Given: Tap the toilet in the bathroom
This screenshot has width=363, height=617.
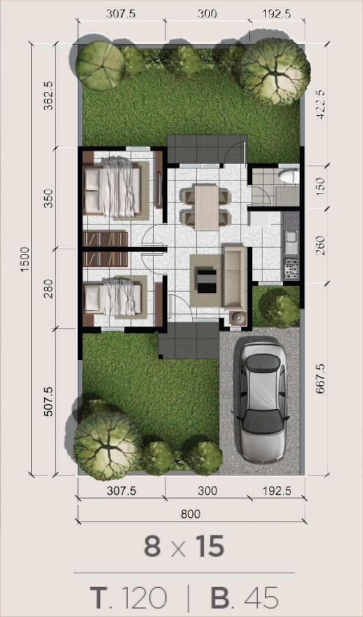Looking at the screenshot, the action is (288, 177).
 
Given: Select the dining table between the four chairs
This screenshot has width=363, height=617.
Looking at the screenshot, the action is (207, 208).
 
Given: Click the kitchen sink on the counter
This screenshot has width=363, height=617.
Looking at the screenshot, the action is (291, 242).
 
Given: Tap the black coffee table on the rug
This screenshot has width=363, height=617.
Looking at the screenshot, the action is (207, 281).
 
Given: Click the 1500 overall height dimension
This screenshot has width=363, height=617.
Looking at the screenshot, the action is (25, 259).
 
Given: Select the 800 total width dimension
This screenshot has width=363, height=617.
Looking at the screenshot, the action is (190, 514).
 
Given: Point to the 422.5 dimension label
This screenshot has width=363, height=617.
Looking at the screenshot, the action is (320, 104).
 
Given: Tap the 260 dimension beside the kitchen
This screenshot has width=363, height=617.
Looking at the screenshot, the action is (321, 246).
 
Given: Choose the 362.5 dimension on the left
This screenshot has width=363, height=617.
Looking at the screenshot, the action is (49, 95).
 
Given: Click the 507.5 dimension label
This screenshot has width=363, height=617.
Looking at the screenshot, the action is (49, 401).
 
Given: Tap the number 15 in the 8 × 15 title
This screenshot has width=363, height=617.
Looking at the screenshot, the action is (210, 546).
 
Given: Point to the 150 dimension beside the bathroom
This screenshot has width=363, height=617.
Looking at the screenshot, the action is (321, 186).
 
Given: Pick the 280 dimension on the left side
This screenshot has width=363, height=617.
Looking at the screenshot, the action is (49, 288).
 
